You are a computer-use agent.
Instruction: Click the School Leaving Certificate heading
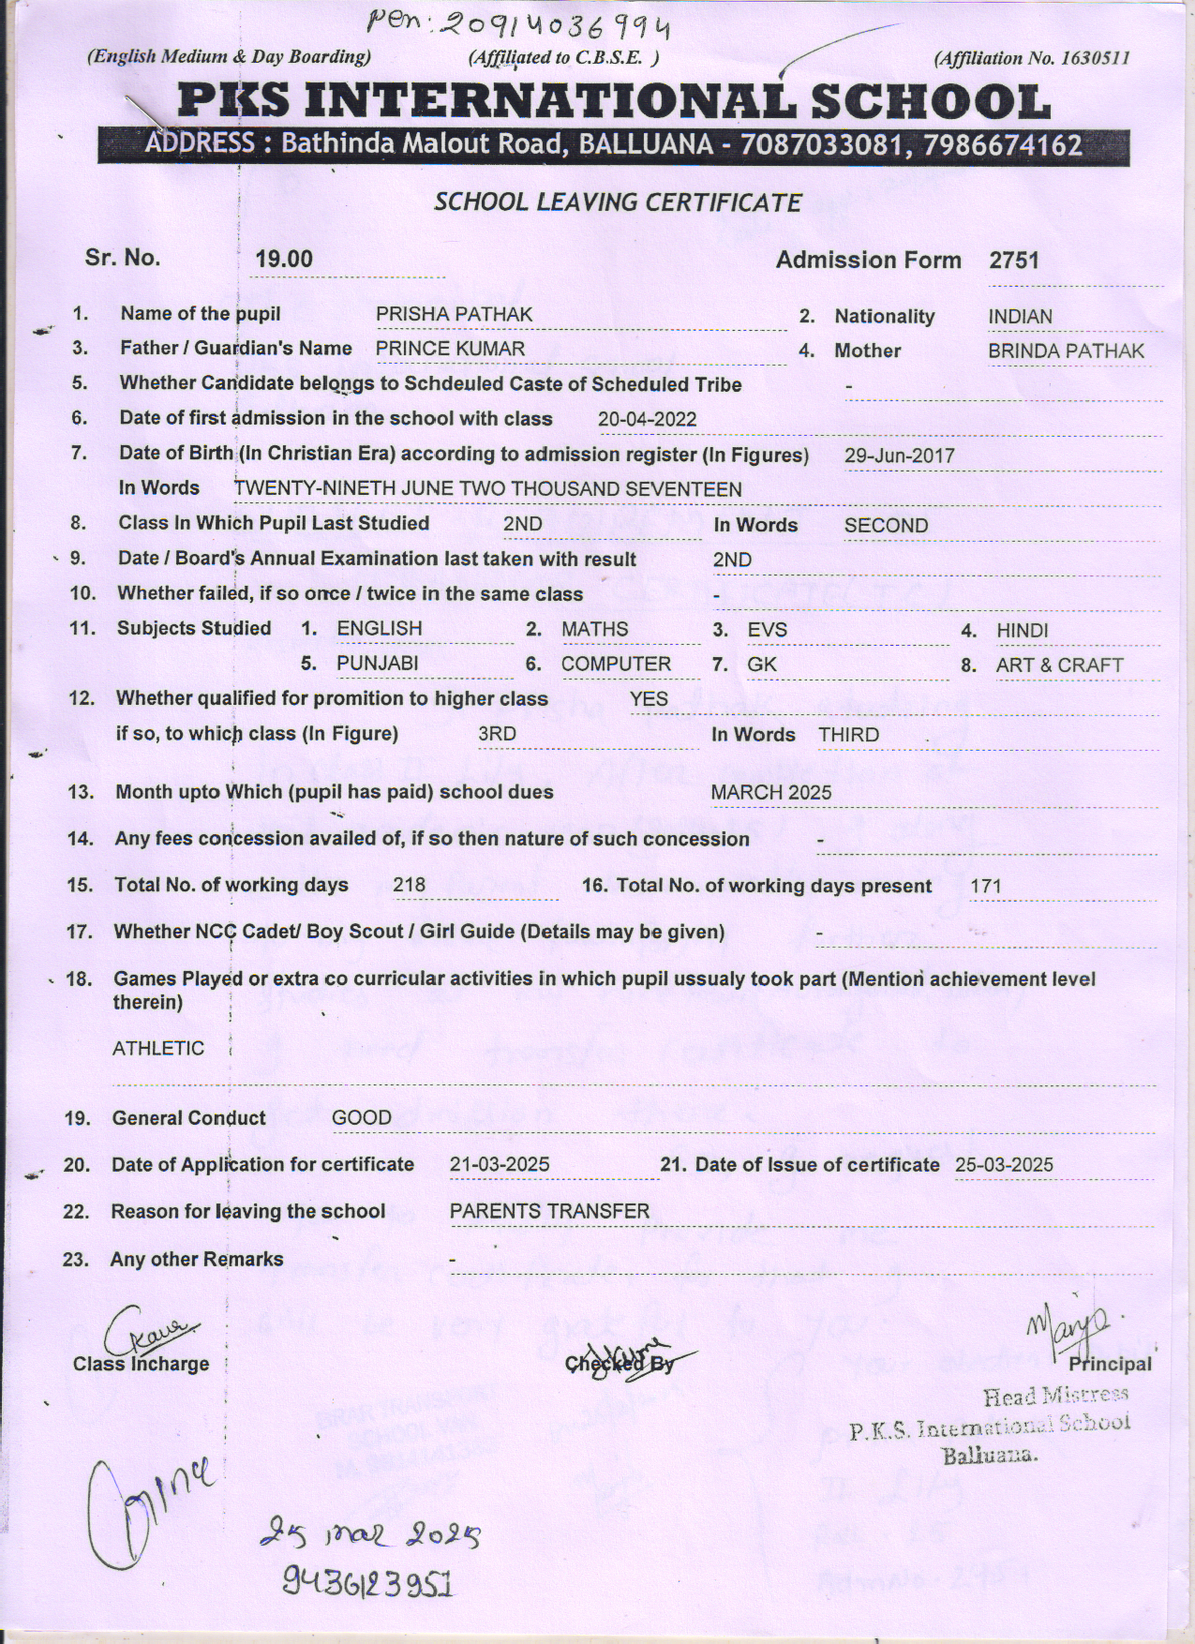[618, 202]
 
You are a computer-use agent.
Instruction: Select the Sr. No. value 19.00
[284, 260]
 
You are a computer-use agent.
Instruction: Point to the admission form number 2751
[1014, 261]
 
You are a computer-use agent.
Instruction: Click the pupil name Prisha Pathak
[454, 315]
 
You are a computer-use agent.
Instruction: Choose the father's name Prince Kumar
[450, 349]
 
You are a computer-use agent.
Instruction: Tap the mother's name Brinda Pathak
[1066, 351]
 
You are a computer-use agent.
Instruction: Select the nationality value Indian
[1020, 317]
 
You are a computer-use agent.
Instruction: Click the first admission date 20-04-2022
[647, 419]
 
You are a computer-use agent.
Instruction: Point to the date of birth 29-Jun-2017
[899, 456]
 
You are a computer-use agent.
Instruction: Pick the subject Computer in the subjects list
[616, 665]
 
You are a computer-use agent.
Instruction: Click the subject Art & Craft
[1059, 665]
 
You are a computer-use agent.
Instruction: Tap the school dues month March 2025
[770, 793]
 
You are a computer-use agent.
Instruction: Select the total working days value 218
[410, 885]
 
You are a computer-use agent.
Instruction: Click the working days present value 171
[986, 886]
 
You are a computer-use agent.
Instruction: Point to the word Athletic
[157, 1048]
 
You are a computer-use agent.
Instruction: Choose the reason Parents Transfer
[549, 1212]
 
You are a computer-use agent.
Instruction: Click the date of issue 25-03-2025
[1004, 1165]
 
